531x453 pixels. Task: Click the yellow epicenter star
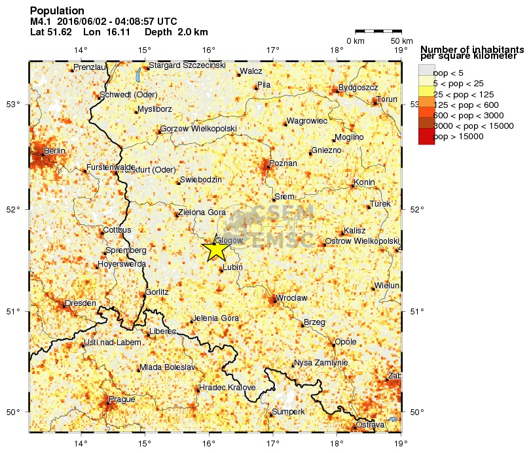(215, 249)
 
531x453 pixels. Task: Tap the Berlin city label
(54, 152)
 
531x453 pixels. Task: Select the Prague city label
(122, 399)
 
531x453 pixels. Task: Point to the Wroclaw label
(292, 298)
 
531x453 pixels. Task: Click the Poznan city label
(284, 163)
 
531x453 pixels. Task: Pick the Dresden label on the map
(80, 303)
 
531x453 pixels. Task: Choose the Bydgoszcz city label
(358, 88)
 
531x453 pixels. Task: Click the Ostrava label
(370, 426)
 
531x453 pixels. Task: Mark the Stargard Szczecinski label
(187, 65)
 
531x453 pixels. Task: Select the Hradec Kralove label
(227, 388)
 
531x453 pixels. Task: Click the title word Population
(57, 11)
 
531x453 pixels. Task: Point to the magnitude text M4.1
(41, 22)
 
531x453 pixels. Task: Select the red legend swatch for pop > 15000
(426, 137)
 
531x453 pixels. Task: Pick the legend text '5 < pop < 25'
(458, 84)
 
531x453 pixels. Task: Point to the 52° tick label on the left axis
(15, 209)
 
